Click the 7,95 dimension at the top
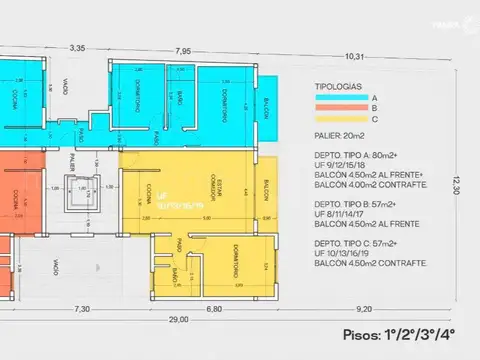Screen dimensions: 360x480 [183, 50]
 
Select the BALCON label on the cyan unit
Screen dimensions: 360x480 [267, 107]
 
